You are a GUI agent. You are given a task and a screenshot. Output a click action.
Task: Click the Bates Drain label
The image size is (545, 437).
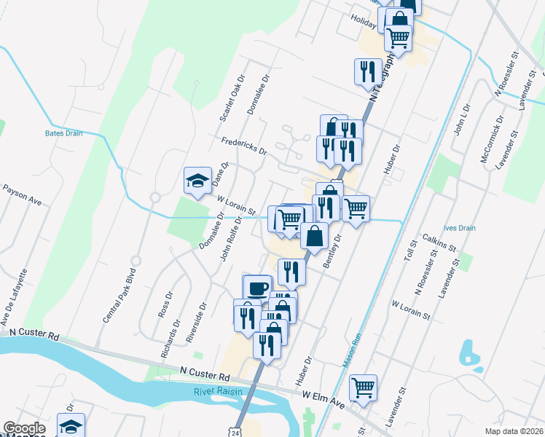[63, 133]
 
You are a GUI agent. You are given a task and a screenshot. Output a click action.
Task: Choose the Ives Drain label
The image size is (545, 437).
[461, 228]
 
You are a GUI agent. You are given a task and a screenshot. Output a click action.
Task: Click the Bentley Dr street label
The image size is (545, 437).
[332, 250]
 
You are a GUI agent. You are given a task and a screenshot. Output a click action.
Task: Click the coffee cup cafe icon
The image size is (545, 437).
[256, 288]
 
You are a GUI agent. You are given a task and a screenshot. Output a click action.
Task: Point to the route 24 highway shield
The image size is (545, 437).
[236, 433]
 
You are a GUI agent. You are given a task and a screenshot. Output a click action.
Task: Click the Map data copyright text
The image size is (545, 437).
[513, 431]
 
